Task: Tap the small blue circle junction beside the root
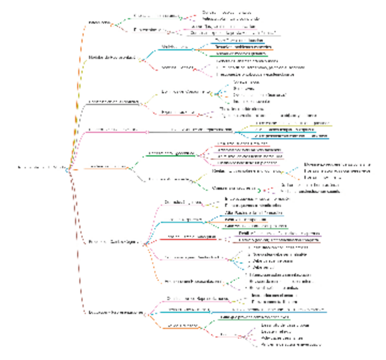pyautogui.click(x=67, y=170)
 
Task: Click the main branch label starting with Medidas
pyautogui.click(x=112, y=58)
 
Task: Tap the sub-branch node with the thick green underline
pyautogui.click(x=170, y=153)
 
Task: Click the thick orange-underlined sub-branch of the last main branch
pyautogui.click(x=182, y=325)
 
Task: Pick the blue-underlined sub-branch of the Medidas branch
pyautogui.click(x=175, y=47)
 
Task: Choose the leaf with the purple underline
pyautogui.click(x=280, y=233)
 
